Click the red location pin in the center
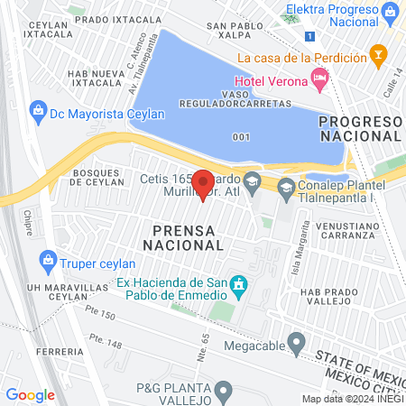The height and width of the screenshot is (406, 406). coord(203,184)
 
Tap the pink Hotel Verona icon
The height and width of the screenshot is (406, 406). coord(320,79)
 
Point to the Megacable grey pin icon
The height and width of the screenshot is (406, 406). coord(295,342)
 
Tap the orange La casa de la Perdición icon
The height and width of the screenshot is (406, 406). coord(380,56)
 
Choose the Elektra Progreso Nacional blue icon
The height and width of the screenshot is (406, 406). coord(390,13)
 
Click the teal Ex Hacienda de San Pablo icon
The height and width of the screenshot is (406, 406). coord(238,288)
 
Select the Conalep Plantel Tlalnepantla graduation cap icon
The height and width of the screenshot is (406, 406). coord(286,188)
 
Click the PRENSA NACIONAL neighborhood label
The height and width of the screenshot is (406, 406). coord(185,236)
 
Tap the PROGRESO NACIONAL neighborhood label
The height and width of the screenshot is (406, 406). coord(360,128)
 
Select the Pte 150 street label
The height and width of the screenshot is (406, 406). coord(104,315)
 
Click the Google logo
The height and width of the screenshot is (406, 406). coord(30,394)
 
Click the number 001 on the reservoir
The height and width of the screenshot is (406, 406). coord(240,137)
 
